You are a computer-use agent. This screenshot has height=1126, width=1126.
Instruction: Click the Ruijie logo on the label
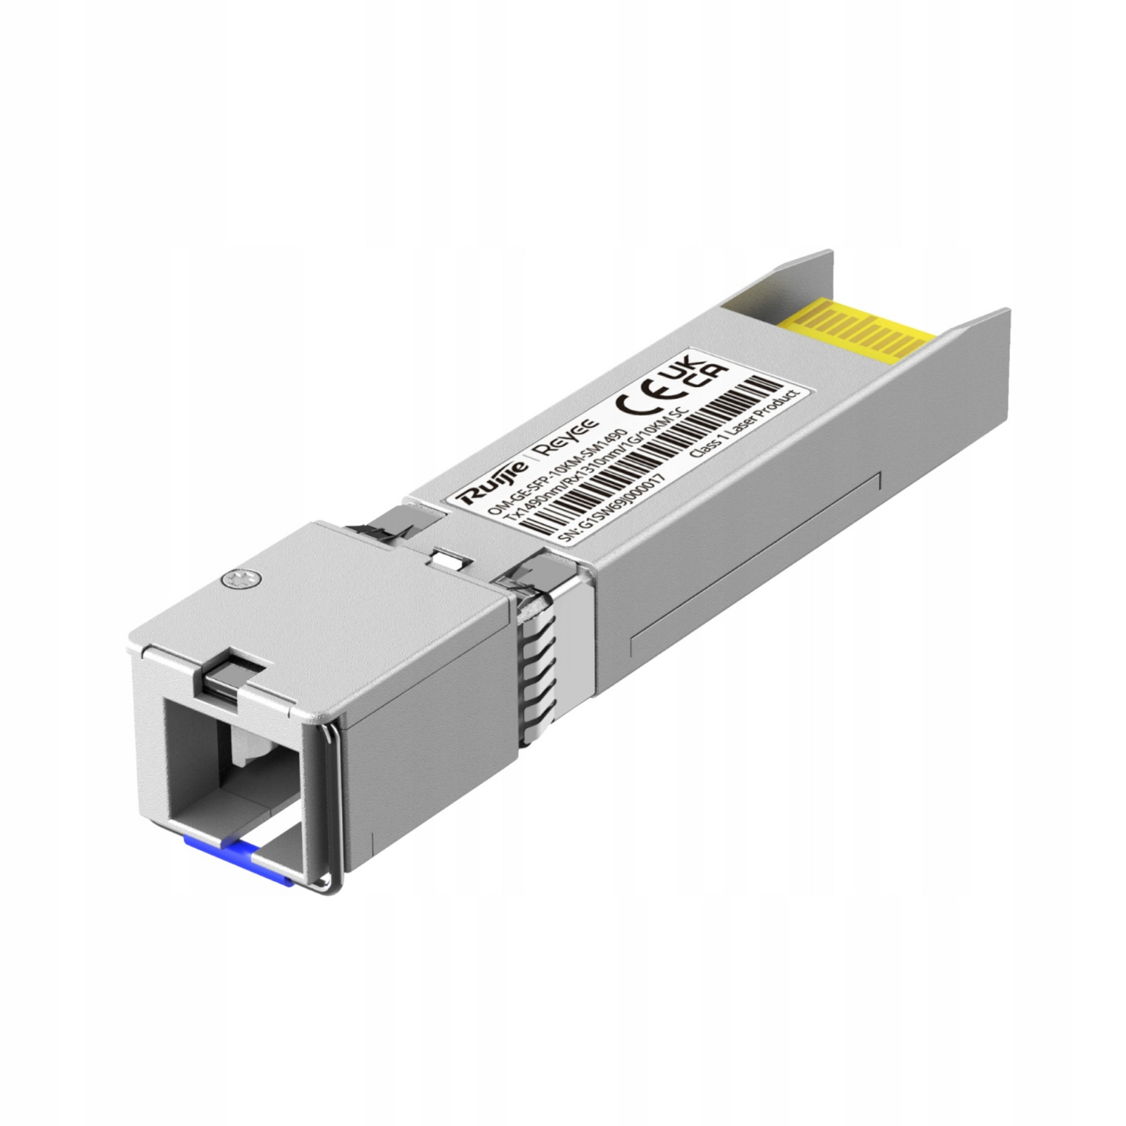(x=491, y=483)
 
